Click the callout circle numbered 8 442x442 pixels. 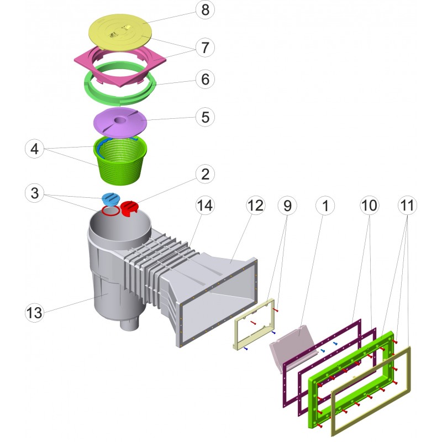[205, 10]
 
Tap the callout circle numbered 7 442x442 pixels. [205, 48]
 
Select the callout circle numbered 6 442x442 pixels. [205, 80]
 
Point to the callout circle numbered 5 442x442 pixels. [205, 117]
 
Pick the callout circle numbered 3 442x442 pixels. [35, 194]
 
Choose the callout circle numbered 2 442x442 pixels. [205, 175]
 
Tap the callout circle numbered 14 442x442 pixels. [205, 206]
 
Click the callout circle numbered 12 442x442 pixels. [256, 206]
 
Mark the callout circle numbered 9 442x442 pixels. [287, 206]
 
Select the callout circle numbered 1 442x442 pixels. [326, 206]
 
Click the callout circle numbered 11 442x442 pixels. [407, 206]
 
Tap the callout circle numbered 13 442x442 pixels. [35, 312]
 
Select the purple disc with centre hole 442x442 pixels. [119, 122]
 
